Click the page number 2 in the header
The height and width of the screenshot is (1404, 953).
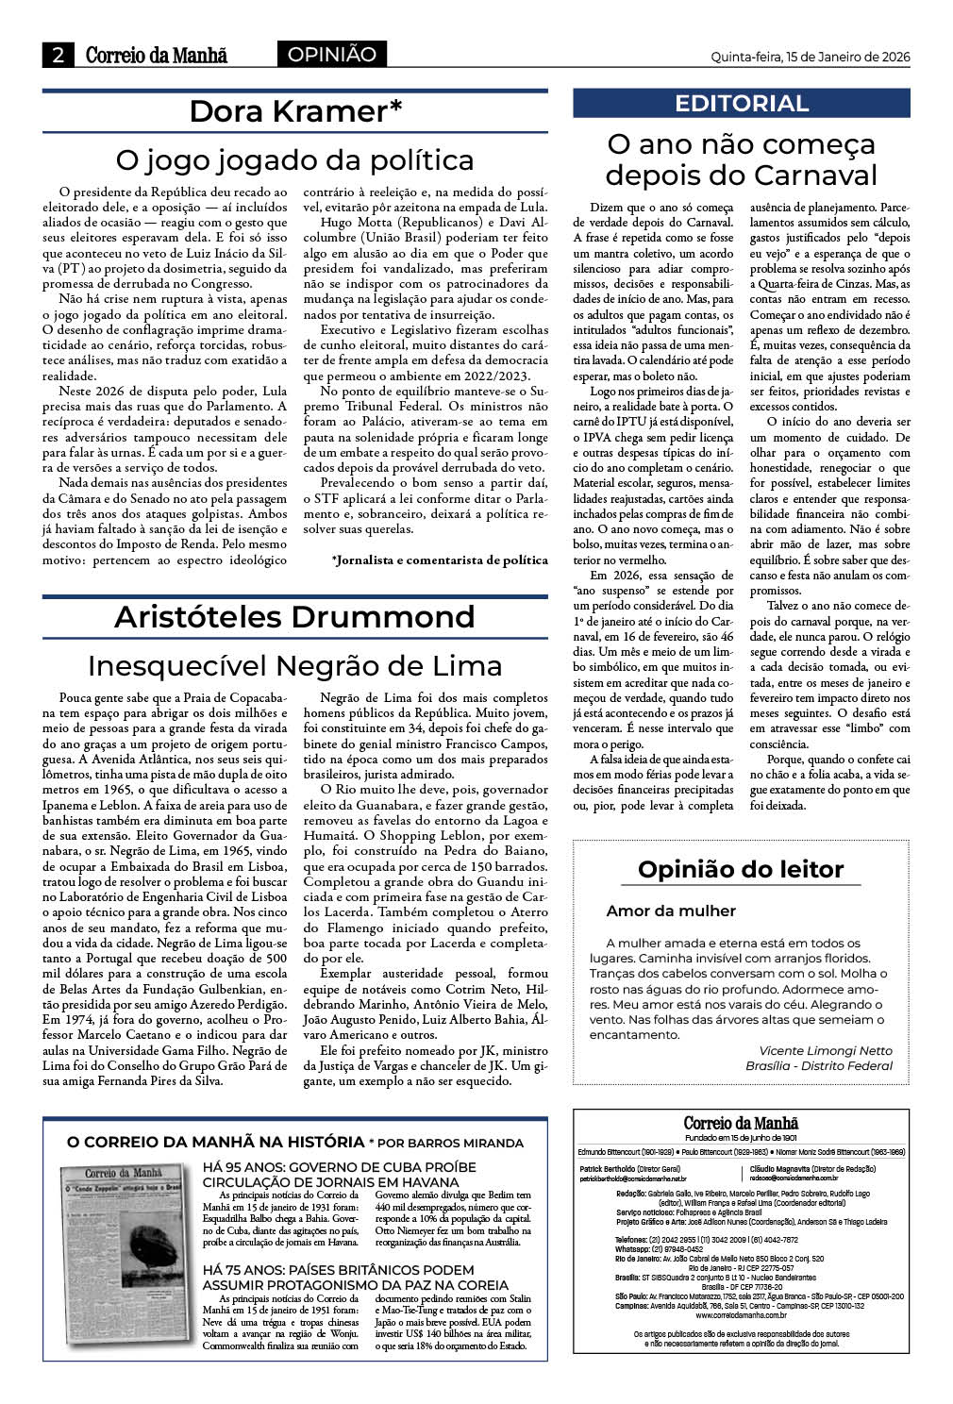click(x=59, y=55)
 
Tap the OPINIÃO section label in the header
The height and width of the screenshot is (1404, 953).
click(x=331, y=55)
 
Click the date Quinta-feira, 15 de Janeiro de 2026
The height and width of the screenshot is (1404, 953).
click(x=810, y=57)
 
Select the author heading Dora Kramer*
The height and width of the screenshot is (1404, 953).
click(x=295, y=111)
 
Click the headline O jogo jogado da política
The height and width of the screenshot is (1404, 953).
click(x=294, y=159)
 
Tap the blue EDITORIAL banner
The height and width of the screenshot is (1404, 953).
click(x=742, y=104)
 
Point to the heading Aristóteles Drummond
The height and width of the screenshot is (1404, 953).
click(x=294, y=617)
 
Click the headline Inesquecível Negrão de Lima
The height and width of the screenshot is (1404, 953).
click(x=294, y=666)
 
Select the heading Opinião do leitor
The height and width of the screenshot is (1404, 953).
click(x=741, y=869)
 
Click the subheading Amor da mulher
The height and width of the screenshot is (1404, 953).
click(x=671, y=911)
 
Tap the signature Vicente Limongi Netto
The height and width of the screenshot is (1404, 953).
click(x=825, y=1050)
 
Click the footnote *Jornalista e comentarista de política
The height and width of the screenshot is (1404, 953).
click(x=440, y=560)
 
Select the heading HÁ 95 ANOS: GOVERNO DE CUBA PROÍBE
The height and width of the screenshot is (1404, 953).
click(x=340, y=1167)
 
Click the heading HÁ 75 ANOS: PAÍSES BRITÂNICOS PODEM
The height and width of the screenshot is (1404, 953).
click(x=339, y=1270)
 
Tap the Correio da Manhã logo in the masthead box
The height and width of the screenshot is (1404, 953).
click(x=741, y=1123)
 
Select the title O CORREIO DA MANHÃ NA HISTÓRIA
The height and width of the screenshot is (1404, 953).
click(x=215, y=1142)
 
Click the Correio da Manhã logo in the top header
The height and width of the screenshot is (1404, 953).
click(x=157, y=55)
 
